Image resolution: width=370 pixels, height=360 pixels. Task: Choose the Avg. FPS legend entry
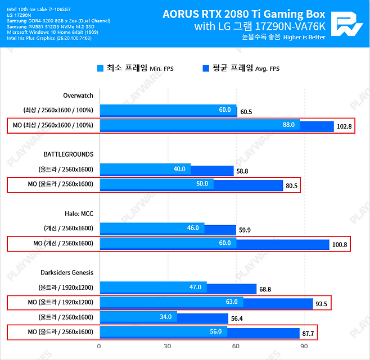click(x=241, y=69)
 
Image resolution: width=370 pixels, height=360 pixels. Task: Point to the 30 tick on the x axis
click(x=168, y=346)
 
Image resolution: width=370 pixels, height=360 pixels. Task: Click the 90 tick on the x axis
click(x=304, y=346)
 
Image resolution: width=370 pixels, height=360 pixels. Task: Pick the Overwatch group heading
click(x=78, y=95)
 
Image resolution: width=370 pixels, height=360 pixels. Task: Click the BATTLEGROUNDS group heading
click(x=68, y=154)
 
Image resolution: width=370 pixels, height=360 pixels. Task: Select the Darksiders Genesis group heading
click(x=66, y=272)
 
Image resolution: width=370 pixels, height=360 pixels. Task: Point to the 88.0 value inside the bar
click(x=288, y=125)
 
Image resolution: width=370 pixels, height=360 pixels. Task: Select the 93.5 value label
click(x=322, y=304)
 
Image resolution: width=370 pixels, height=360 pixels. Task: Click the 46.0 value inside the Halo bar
click(x=193, y=228)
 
